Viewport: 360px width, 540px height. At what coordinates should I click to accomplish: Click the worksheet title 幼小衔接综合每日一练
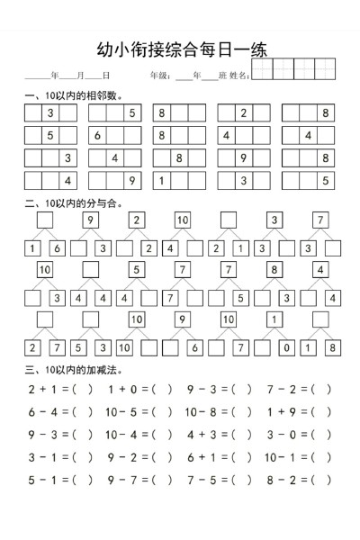pyautogui.click(x=181, y=50)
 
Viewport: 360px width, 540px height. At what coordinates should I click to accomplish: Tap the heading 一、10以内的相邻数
pyautogui.click(x=76, y=95)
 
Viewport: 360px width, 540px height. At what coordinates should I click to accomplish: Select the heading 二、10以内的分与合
pyautogui.click(x=76, y=204)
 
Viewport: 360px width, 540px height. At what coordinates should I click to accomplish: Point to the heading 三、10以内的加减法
pyautogui.click(x=76, y=370)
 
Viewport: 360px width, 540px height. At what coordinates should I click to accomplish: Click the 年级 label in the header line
pyautogui.click(x=159, y=76)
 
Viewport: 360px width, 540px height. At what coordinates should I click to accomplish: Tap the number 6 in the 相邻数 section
pyautogui.click(x=96, y=136)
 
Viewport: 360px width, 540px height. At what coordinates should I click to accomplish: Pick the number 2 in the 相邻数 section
pyautogui.click(x=243, y=113)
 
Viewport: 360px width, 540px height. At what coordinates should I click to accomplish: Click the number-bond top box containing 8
pyautogui.click(x=274, y=269)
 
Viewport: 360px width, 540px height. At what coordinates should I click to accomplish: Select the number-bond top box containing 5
pyautogui.click(x=137, y=269)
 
